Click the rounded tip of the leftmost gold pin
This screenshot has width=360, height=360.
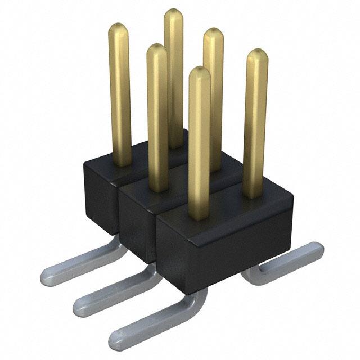click(x=119, y=29)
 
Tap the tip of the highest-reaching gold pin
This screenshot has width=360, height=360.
click(x=174, y=15)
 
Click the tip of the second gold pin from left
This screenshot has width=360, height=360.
click(x=157, y=51)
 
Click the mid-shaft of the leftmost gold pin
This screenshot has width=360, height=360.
click(x=120, y=96)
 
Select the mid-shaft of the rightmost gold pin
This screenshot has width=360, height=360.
click(x=255, y=124)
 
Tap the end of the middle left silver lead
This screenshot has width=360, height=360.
click(x=82, y=307)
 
